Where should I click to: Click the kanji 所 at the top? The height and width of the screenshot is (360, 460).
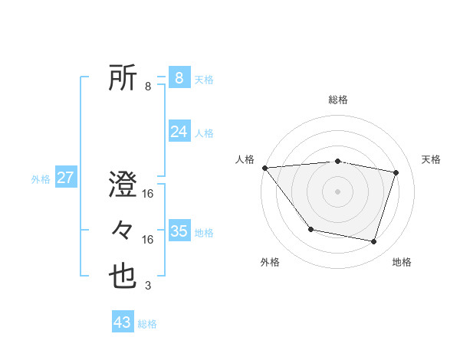(123, 78)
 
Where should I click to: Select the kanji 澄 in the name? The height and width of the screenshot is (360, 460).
(123, 186)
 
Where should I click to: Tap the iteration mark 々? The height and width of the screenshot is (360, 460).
(123, 231)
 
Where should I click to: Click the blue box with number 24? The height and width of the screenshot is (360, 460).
(179, 132)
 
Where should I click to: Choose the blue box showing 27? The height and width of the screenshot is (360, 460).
(65, 178)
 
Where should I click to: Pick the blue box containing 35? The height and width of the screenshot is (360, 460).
(179, 231)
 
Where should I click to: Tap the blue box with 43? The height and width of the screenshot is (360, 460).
(122, 322)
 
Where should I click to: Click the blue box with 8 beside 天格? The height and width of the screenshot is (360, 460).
(179, 77)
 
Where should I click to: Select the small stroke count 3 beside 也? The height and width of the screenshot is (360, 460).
(148, 286)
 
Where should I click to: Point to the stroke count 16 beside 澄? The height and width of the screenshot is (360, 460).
(148, 195)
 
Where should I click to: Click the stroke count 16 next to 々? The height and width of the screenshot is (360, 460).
(148, 240)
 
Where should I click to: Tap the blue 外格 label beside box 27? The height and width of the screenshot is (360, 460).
(41, 179)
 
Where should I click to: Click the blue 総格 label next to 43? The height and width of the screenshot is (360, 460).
(147, 324)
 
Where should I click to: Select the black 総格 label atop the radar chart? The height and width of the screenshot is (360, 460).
(337, 100)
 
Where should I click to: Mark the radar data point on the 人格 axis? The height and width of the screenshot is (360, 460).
(264, 168)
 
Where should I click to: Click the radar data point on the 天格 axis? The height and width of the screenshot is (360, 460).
(396, 172)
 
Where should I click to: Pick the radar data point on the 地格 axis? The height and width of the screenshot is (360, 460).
(373, 241)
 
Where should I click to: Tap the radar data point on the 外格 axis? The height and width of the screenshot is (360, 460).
(310, 229)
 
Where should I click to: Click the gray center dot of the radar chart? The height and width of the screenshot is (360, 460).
(337, 191)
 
